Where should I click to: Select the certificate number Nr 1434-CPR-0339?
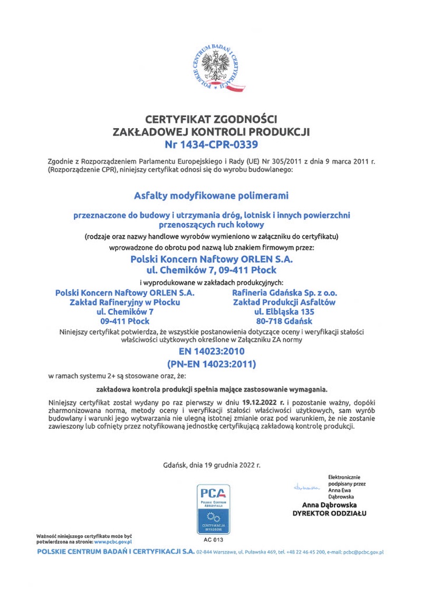pos(211,143)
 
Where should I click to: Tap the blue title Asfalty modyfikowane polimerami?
pos(211,196)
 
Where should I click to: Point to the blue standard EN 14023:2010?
pos(211,351)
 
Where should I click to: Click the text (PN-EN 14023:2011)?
pos(211,364)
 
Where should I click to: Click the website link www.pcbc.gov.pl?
pos(113,542)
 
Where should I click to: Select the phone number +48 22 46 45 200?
pos(302,552)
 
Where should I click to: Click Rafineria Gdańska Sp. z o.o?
pos(284,292)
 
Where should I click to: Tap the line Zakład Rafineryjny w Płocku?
pos(125,302)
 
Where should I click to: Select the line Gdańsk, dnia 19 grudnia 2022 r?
pos(212,465)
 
